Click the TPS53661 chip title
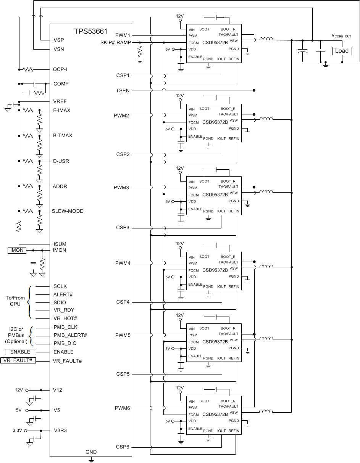click(x=91, y=31)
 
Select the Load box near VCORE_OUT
click(x=342, y=51)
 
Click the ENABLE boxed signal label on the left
click(x=20, y=352)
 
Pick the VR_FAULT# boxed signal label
click(x=18, y=361)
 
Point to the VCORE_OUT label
click(x=341, y=36)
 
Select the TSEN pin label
click(x=123, y=90)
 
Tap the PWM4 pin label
click(x=122, y=263)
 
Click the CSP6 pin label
click(x=123, y=447)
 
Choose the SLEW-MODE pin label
click(x=68, y=211)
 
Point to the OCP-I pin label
click(x=60, y=70)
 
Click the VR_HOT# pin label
click(x=65, y=318)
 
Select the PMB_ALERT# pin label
click(x=70, y=335)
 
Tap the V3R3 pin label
click(x=60, y=430)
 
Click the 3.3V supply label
click(x=18, y=430)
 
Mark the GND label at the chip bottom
click(x=91, y=452)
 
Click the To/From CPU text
click(x=15, y=301)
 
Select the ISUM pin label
click(x=60, y=244)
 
